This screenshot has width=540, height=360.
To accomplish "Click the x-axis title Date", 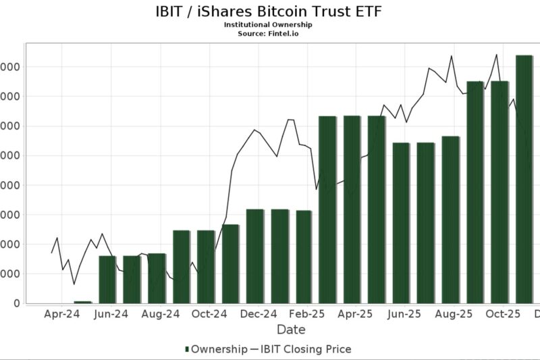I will [291, 330].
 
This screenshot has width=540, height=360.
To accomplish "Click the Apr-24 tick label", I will [62, 314].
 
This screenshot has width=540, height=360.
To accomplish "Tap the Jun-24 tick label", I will [111, 314].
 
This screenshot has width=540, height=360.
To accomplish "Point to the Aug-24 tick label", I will [161, 314].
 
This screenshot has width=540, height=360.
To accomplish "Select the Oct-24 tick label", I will [209, 314].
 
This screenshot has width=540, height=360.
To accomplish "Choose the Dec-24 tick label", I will [259, 314].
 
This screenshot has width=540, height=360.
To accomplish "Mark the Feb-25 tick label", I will [308, 314].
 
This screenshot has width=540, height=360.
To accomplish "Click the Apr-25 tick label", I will [356, 314].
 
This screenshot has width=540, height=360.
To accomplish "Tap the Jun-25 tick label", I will [405, 314].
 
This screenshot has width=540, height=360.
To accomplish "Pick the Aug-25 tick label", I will [454, 314].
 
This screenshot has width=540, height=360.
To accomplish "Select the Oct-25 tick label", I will [503, 314].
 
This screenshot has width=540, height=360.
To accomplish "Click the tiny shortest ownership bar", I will [82, 302].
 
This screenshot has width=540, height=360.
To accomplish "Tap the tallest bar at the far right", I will [524, 179].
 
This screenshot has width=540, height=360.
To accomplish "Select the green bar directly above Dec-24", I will [255, 256].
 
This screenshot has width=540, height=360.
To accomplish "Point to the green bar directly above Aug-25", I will [451, 220].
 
